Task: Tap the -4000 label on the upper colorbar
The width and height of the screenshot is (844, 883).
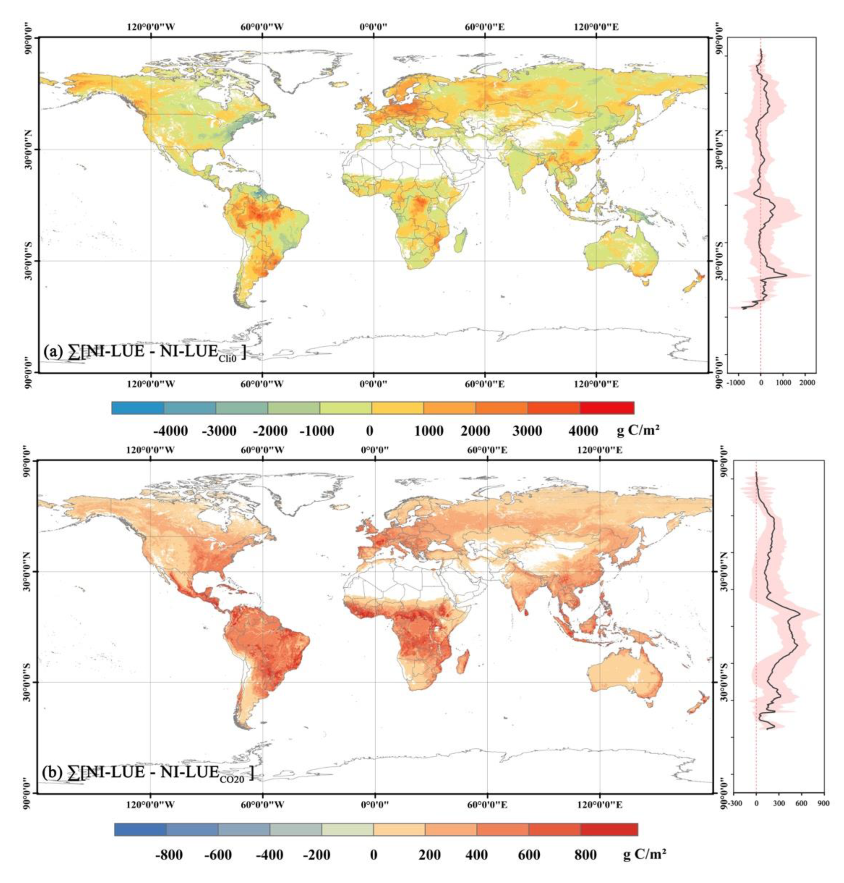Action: [170, 431]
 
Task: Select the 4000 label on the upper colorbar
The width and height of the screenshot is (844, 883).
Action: [583, 431]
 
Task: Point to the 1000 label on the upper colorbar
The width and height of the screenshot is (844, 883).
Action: [428, 431]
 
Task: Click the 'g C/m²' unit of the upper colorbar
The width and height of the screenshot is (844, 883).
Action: [637, 431]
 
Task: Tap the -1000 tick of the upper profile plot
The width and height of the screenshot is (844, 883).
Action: [737, 383]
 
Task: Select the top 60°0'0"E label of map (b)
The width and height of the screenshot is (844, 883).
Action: [488, 450]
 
